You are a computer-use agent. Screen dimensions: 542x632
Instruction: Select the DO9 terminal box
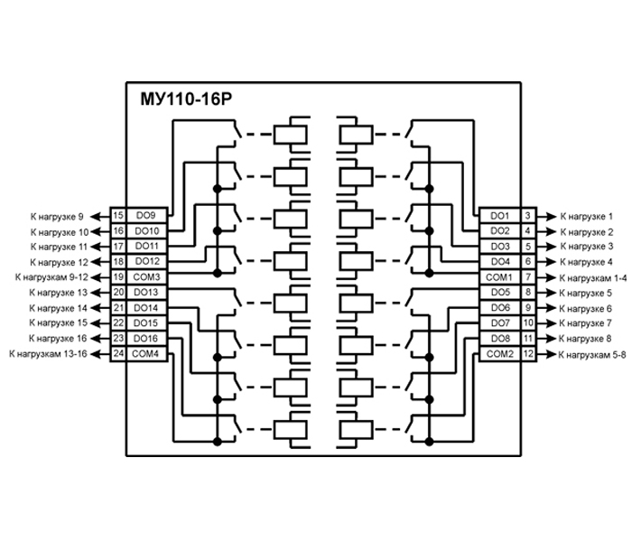pyautogui.click(x=145, y=216)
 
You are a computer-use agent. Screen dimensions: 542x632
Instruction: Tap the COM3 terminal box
pyautogui.click(x=145, y=276)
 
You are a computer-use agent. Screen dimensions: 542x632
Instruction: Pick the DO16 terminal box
pyautogui.click(x=145, y=338)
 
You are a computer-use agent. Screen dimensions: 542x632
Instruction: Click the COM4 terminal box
pyautogui.click(x=145, y=353)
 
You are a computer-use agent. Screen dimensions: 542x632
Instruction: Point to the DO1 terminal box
pyautogui.click(x=499, y=216)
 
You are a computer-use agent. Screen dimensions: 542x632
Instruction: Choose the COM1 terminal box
pyautogui.click(x=499, y=276)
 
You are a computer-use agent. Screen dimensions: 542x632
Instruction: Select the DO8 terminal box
pyautogui.click(x=499, y=338)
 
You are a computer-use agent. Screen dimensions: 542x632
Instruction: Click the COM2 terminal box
pyautogui.click(x=499, y=353)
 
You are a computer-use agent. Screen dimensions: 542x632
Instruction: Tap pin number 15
pyautogui.click(x=117, y=216)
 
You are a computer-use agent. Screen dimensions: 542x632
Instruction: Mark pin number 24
pyautogui.click(x=117, y=353)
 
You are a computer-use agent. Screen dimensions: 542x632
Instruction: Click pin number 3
pyautogui.click(x=527, y=216)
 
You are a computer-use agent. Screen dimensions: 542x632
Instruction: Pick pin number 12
pyautogui.click(x=528, y=353)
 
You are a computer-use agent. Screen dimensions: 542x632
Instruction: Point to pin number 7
pyautogui.click(x=527, y=276)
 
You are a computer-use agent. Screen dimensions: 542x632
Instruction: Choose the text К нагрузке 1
pyautogui.click(x=587, y=217)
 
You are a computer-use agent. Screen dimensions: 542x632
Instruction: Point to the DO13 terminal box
pyautogui.click(x=145, y=292)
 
